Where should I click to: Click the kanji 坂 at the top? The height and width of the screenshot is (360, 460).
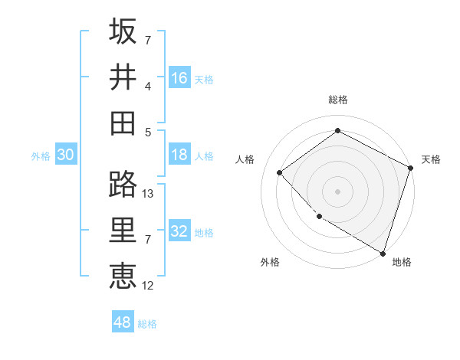[123, 31]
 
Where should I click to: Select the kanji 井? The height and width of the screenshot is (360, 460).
[123, 77]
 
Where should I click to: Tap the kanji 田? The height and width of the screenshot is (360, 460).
[123, 123]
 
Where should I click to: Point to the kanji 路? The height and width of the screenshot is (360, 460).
[123, 184]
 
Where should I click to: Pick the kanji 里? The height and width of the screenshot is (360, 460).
[123, 230]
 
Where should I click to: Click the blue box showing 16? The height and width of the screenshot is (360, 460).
[179, 78]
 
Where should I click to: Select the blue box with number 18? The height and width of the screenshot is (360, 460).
[179, 155]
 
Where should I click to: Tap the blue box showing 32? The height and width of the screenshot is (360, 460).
[179, 232]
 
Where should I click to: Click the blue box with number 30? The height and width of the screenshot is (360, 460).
[65, 155]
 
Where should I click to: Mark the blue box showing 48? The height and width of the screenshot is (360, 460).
[122, 322]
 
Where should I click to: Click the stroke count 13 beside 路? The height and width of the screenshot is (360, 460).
[148, 194]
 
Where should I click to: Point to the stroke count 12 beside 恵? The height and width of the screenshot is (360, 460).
[148, 286]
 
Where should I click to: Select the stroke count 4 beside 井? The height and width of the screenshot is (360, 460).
[148, 86]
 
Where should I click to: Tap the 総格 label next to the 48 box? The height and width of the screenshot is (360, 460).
[147, 324]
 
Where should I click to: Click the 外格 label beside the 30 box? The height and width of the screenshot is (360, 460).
[41, 156]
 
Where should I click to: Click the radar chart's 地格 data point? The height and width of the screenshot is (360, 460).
[383, 253]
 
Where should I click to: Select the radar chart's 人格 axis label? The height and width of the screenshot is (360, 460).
[245, 159]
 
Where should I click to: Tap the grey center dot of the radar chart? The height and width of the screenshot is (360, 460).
[337, 191]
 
